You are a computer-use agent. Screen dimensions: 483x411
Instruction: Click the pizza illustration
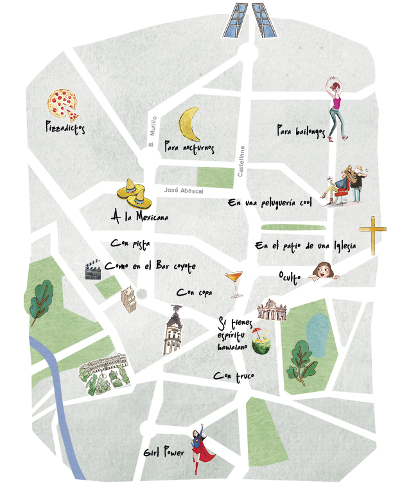[62, 104]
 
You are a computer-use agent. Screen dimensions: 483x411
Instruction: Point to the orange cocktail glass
[234, 282]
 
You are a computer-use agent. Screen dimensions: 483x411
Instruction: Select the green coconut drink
[259, 343]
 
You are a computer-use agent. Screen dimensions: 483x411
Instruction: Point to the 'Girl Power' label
[165, 453]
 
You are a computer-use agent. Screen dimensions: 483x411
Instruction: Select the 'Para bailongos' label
[301, 130]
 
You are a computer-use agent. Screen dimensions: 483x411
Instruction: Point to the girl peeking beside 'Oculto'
[324, 271]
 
